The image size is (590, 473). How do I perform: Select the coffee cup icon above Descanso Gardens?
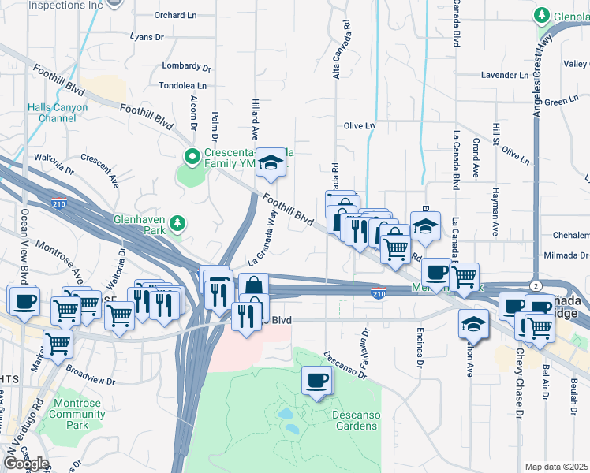click(x=317, y=382)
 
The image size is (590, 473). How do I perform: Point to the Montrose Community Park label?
click(x=77, y=414)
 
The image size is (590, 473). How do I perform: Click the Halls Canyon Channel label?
click(x=51, y=113)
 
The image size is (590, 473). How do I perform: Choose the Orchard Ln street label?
click(x=176, y=15)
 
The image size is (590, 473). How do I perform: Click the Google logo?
click(x=26, y=464)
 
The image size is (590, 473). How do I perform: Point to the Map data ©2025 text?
click(x=556, y=467)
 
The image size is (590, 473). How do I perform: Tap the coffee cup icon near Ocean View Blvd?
click(x=24, y=300)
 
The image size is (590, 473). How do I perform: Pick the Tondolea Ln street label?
click(x=182, y=85)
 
